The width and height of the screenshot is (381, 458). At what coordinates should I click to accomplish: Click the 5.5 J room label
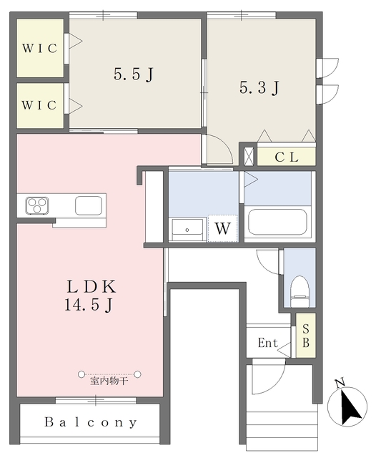[134, 74]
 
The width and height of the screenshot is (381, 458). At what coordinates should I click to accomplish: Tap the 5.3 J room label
[259, 87]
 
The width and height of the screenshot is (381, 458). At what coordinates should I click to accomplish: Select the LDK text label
[91, 286]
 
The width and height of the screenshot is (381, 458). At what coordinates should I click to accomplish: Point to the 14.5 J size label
[89, 306]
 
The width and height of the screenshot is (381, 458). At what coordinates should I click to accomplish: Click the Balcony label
[91, 422]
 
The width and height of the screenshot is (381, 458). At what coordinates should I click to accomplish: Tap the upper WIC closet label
[39, 48]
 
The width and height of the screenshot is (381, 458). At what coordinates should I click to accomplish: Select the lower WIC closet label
[39, 105]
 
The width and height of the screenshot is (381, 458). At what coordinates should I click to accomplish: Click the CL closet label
[287, 157]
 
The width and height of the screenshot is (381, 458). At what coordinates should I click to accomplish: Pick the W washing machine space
[222, 228]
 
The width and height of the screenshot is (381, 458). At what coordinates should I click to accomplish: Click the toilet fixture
[300, 291]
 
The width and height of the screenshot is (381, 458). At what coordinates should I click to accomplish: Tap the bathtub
[277, 222]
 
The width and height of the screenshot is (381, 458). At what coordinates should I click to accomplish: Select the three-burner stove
[37, 205]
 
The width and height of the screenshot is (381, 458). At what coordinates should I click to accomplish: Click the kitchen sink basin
[89, 205]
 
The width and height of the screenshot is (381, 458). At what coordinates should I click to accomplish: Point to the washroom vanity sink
[187, 230]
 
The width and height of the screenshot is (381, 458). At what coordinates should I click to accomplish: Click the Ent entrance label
[268, 343]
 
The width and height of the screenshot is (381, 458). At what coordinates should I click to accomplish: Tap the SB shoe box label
[306, 336]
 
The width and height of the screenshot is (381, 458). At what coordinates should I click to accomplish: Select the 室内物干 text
[109, 381]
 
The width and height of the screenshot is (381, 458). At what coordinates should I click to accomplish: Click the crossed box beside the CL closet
[249, 157]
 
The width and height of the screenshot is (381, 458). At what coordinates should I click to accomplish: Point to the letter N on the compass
[340, 383]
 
